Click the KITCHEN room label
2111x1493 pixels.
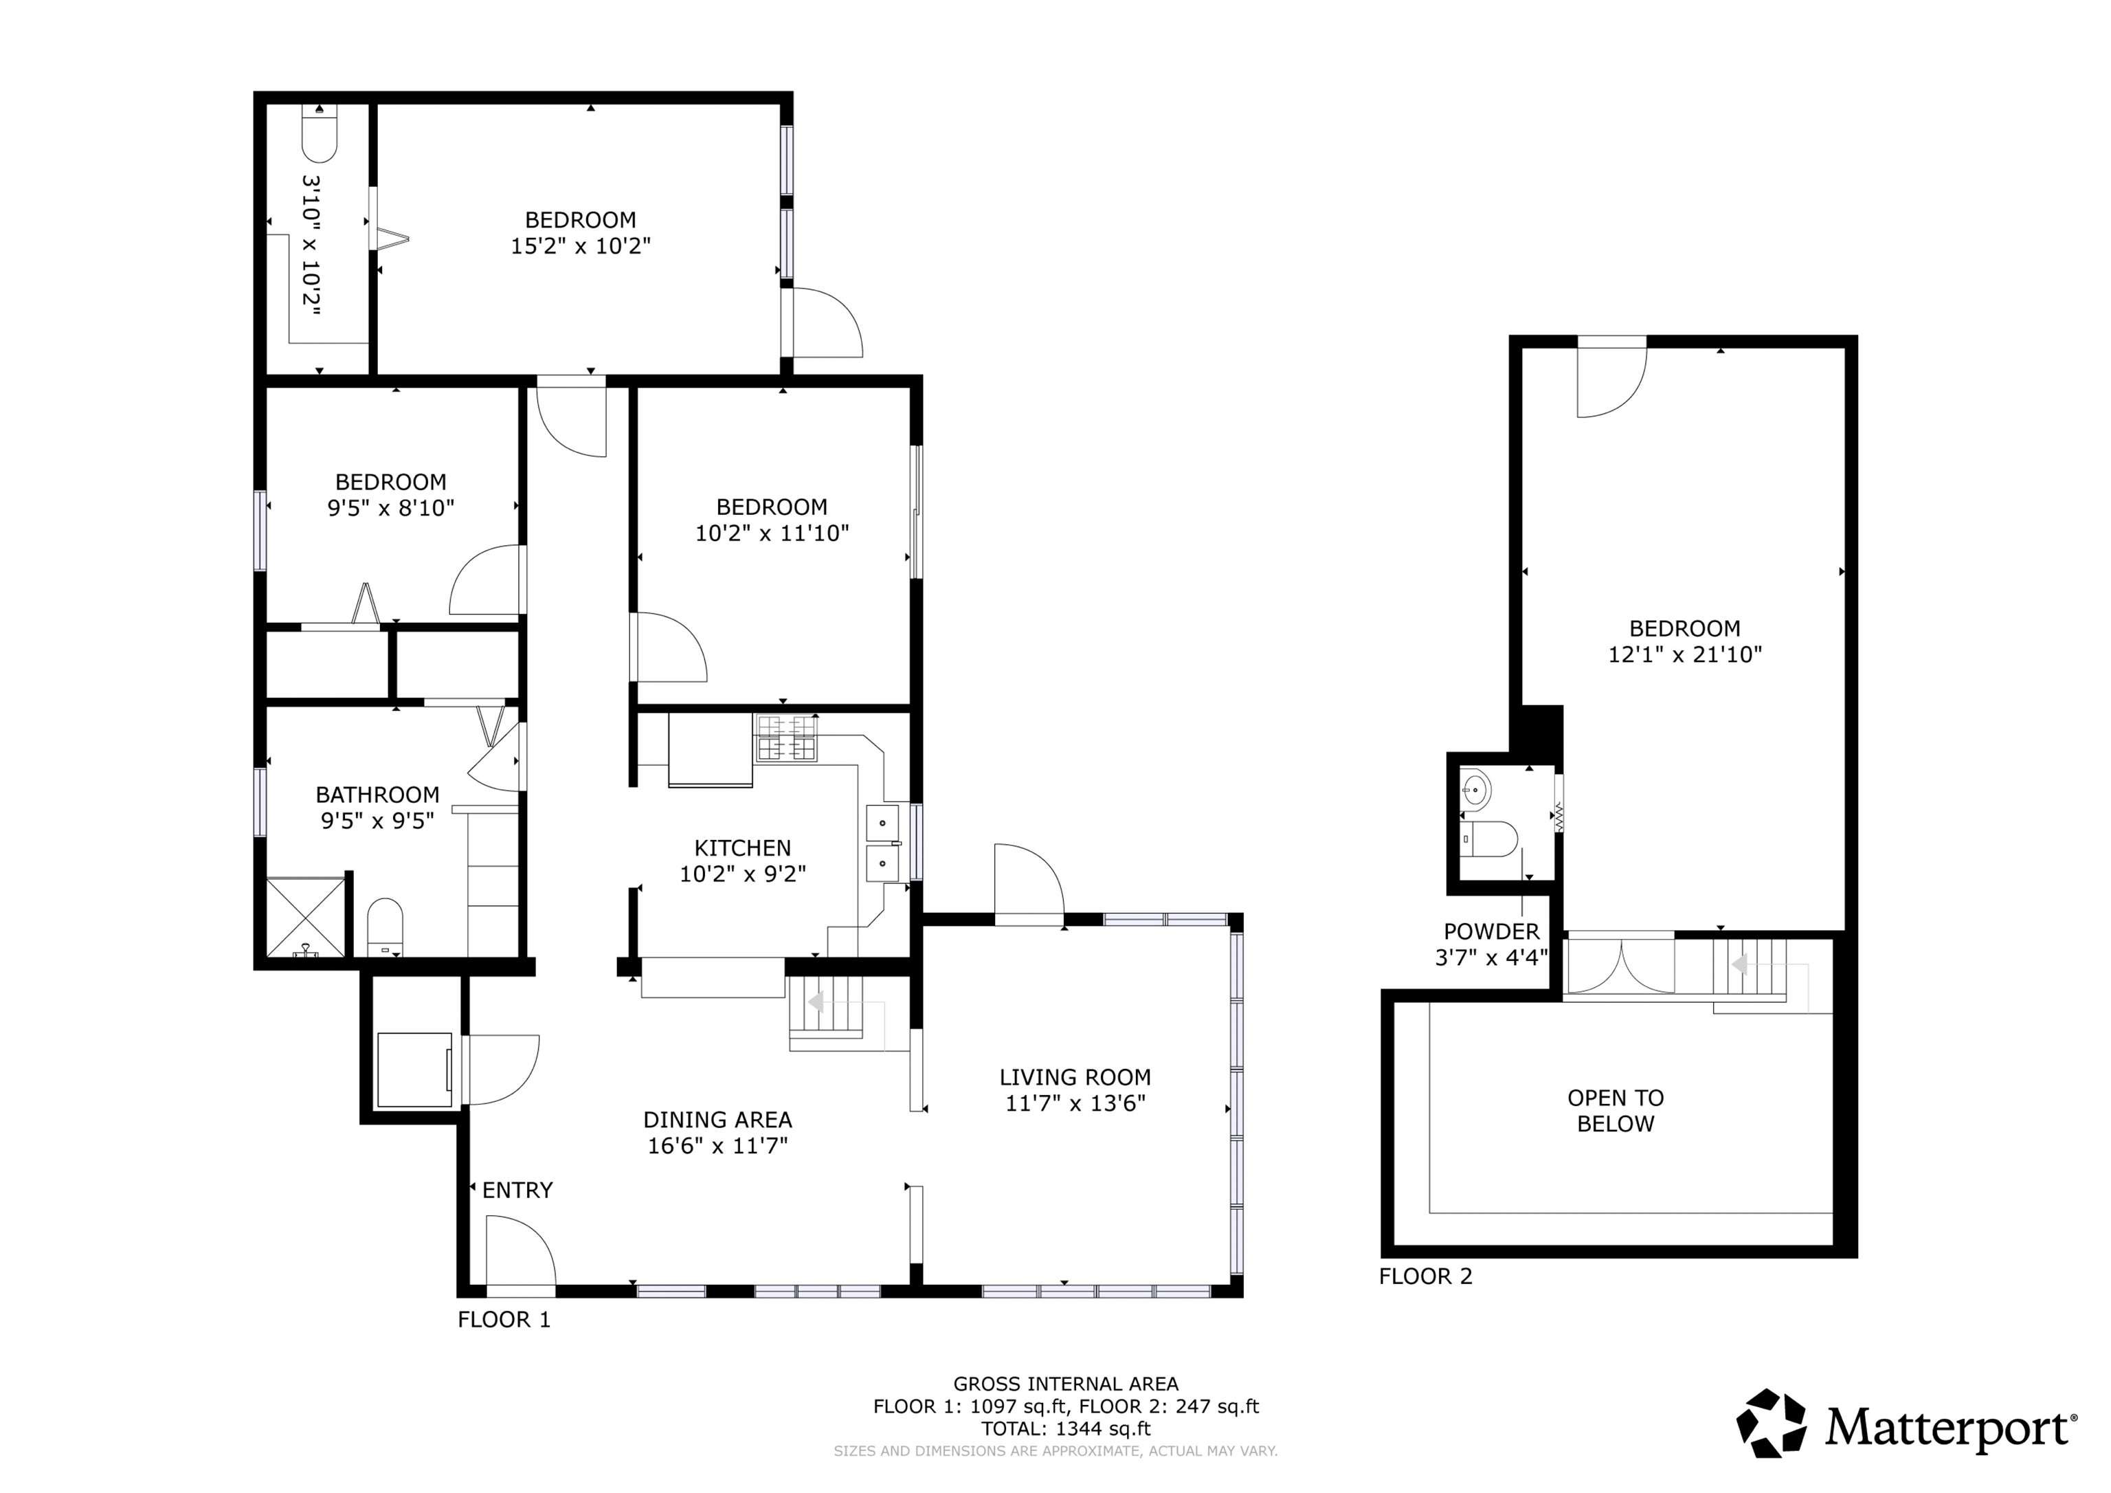(742, 848)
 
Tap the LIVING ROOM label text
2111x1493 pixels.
(1075, 1077)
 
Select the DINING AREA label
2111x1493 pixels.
(717, 1120)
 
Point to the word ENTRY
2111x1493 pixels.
(517, 1191)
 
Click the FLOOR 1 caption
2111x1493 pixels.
(504, 1320)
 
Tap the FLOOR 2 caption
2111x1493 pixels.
(1426, 1277)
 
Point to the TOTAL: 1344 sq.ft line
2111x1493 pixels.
(1066, 1428)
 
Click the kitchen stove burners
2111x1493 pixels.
(785, 739)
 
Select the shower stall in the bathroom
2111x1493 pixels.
(306, 918)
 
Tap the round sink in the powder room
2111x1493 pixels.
(1475, 789)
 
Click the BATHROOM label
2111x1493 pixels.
(377, 795)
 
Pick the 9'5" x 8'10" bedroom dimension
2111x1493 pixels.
(391, 508)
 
